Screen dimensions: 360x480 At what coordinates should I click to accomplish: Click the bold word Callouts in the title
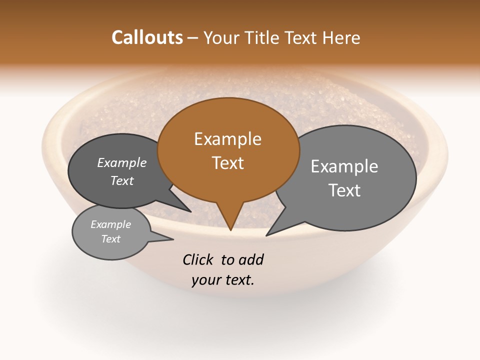(147, 37)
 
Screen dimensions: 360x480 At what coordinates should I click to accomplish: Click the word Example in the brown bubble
(227, 139)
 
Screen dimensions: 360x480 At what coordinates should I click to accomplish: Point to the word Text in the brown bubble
(227, 163)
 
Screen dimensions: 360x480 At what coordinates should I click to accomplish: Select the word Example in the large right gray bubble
(344, 166)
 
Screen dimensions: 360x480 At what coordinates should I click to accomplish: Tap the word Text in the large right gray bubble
(344, 190)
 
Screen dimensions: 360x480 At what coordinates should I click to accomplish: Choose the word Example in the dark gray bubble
(121, 162)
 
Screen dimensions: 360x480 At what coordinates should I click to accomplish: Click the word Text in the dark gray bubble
(121, 180)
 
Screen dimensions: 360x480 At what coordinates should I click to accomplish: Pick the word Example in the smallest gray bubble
(110, 224)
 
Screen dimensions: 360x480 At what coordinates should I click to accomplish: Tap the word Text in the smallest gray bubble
(110, 239)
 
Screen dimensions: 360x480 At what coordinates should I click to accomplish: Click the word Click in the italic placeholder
(198, 259)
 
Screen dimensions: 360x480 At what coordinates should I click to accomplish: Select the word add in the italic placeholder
(250, 259)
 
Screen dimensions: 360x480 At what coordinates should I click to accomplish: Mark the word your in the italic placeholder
(206, 280)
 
